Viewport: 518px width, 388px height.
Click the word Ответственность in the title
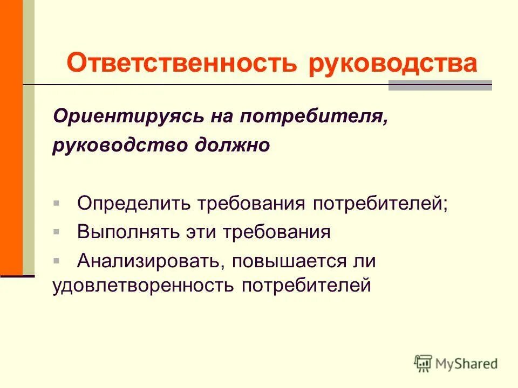point(181,64)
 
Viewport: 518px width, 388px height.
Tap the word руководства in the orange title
point(393,64)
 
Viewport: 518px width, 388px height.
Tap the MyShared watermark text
point(467,364)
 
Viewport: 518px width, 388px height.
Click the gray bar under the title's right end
point(440,86)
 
